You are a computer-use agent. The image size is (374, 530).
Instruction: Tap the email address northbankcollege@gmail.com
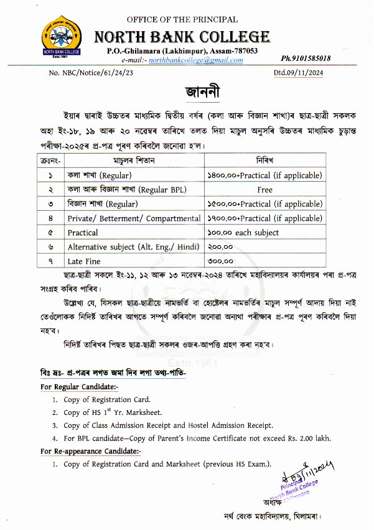click(x=200, y=60)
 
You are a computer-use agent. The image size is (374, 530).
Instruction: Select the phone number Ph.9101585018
click(x=306, y=58)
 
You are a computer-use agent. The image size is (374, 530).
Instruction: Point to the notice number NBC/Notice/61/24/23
click(x=100, y=73)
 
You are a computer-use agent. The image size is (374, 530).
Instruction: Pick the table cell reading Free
click(x=264, y=190)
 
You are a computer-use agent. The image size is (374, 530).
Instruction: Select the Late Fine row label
click(x=84, y=261)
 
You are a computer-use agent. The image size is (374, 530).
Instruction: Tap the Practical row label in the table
click(x=83, y=233)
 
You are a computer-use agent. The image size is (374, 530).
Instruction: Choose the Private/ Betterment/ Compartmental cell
click(x=134, y=218)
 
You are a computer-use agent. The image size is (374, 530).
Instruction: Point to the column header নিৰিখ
click(x=264, y=161)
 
